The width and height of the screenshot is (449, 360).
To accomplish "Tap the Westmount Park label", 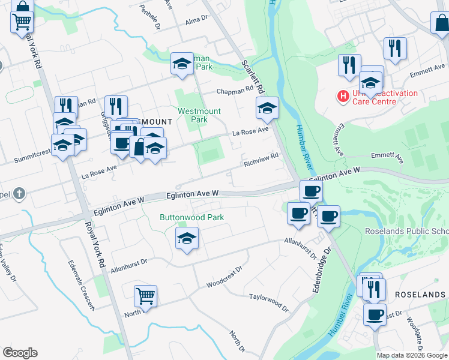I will (199, 115).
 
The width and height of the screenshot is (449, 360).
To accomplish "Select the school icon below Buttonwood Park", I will (187, 238).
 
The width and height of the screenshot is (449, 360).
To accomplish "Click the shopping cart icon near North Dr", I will (145, 296).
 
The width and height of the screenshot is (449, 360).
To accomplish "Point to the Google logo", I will (20, 353).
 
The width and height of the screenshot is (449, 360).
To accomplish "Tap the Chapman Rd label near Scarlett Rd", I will (235, 91).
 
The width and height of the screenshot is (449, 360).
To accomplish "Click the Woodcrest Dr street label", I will (223, 274).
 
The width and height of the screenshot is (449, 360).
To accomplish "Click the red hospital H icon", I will (343, 95).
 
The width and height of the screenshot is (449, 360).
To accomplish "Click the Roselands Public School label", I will (407, 231).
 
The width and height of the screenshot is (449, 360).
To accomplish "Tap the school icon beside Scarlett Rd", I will (267, 108).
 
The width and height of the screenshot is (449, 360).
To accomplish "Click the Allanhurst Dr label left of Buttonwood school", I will (128, 263).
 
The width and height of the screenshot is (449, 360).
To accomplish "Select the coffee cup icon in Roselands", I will (375, 314).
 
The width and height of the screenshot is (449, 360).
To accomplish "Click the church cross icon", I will (19, 193).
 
